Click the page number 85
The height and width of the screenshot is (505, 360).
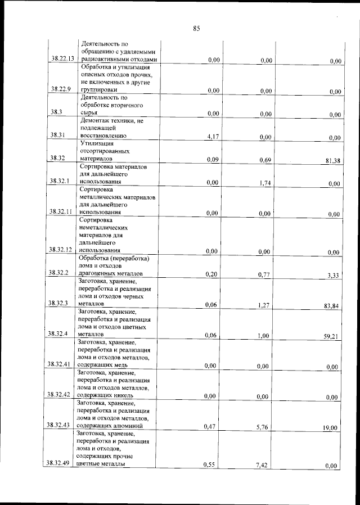coord(196,29)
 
